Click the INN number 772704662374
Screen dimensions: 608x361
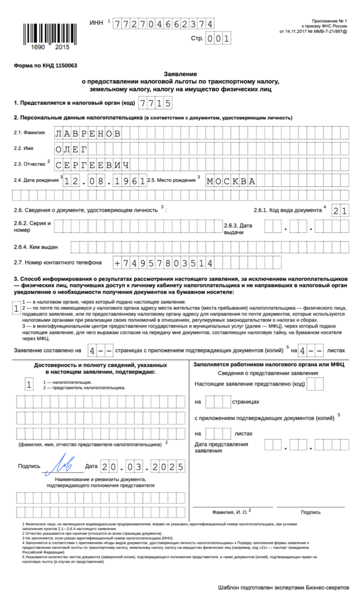coord(164,24)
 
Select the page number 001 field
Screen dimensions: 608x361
coord(218,39)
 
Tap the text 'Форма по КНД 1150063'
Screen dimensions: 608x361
coord(45,66)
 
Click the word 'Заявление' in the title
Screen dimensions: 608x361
coord(180,74)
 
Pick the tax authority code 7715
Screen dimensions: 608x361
coord(155,103)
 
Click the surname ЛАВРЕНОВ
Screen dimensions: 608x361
coord(88,134)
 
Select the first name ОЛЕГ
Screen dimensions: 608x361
coord(71,150)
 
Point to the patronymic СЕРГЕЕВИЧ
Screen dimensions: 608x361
coord(92,165)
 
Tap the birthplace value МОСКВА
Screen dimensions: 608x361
coord(231,181)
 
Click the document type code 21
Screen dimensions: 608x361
coord(340,211)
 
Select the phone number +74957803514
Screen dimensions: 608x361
coord(164,263)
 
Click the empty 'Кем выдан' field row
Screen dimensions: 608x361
coord(210,247)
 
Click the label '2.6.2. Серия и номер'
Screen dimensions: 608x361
coord(32,226)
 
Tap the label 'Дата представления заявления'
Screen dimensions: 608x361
coord(221,447)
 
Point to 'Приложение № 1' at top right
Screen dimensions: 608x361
coord(329,21)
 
